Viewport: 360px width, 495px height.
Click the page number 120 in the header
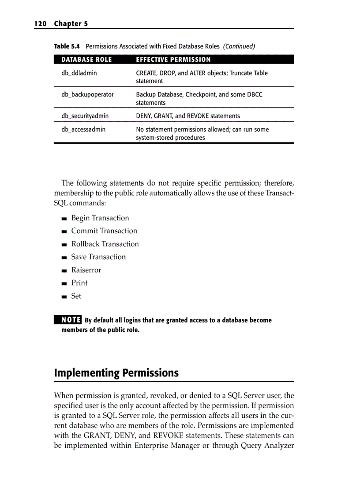pyautogui.click(x=40, y=24)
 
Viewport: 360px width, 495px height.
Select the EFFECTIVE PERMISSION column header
pyautogui.click(x=173, y=60)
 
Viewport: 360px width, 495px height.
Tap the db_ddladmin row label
pyautogui.click(x=79, y=73)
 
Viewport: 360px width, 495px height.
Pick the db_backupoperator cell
pyautogui.click(x=87, y=95)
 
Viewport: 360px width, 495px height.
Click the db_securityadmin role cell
pyautogui.click(x=85, y=116)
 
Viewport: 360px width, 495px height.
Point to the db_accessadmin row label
pyautogui.click(x=83, y=130)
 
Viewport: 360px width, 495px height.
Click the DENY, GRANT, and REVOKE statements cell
pyautogui.click(x=188, y=116)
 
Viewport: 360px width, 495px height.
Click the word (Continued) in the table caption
pyautogui.click(x=239, y=46)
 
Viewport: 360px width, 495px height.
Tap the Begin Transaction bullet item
pyautogui.click(x=100, y=218)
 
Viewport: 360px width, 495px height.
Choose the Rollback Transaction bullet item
pyautogui.click(x=105, y=244)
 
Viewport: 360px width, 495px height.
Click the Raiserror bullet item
pyautogui.click(x=86, y=270)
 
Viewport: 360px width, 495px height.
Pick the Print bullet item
pyautogui.click(x=79, y=283)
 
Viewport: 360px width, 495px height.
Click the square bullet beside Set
pyautogui.click(x=64, y=297)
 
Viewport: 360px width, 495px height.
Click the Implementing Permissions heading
pyautogui.click(x=116, y=373)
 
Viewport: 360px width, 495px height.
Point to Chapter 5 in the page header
pyautogui.click(x=71, y=24)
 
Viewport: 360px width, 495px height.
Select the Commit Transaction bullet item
pyautogui.click(x=104, y=231)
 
